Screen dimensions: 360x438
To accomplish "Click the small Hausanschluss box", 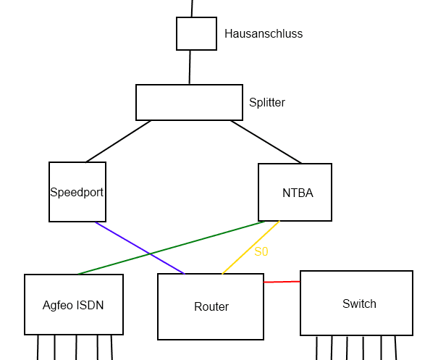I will click(x=196, y=34).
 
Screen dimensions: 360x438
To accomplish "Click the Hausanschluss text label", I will click(x=264, y=33).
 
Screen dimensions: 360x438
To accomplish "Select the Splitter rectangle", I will click(x=189, y=102).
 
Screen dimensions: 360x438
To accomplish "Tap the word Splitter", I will click(x=267, y=103).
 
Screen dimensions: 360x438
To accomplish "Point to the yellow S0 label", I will click(x=261, y=252).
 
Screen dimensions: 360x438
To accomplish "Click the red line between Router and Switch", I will click(x=282, y=282).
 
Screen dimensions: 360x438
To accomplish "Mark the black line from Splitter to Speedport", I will click(x=119, y=141).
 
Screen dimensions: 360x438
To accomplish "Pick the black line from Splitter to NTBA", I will click(x=266, y=141).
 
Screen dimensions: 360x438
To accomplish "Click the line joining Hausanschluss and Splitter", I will click(x=190, y=67).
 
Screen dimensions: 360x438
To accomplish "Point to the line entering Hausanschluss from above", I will click(x=192, y=8).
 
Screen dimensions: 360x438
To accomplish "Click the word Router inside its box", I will click(x=211, y=307).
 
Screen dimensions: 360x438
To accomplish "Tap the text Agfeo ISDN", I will click(x=73, y=305).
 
